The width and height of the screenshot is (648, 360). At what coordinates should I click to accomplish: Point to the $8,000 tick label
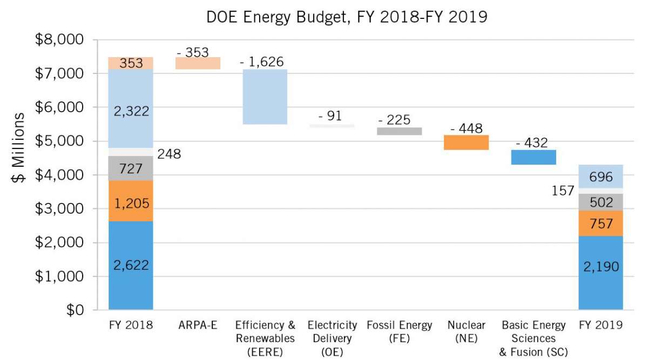(x=59, y=40)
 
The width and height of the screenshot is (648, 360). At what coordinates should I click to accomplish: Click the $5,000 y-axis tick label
(x=59, y=141)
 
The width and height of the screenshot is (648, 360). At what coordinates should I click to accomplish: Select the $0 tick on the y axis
(x=75, y=310)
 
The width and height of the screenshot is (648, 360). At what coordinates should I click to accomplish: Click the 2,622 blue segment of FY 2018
(x=131, y=266)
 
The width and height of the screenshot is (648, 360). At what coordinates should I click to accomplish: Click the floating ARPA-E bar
(x=197, y=63)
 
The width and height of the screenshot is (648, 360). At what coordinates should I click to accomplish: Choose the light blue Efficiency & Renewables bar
(x=265, y=97)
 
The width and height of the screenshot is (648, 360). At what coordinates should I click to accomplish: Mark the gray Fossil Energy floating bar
(x=399, y=131)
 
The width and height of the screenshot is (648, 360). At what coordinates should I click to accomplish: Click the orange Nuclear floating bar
(x=466, y=142)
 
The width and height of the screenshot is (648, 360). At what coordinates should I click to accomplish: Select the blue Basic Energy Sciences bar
(x=534, y=157)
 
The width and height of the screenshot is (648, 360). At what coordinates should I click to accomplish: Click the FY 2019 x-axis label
(x=600, y=325)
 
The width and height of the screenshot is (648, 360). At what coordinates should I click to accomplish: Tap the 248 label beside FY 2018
(x=170, y=154)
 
